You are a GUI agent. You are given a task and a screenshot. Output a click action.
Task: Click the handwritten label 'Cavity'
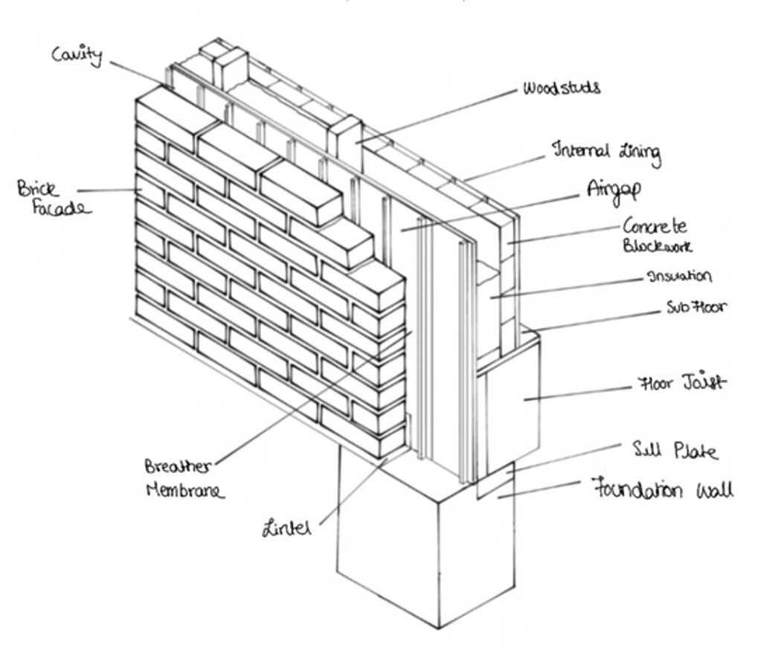(77, 54)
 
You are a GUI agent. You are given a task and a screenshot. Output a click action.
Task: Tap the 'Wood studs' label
(561, 88)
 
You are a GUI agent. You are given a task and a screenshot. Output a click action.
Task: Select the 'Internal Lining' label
(605, 152)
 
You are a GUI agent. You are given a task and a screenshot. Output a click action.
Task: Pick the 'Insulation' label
(679, 276)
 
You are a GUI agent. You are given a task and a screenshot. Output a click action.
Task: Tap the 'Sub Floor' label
(696, 306)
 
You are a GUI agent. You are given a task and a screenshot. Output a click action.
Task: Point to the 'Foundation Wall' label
(662, 490)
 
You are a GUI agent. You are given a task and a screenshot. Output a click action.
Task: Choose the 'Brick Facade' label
(52, 198)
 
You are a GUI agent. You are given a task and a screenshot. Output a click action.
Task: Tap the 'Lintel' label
(286, 529)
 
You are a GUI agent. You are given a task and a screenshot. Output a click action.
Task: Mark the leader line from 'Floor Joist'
(580, 392)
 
